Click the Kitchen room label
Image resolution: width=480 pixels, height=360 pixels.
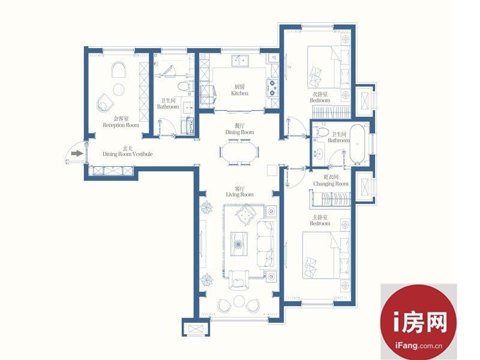(239, 94)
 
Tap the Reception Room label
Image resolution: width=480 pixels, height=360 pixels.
(121, 125)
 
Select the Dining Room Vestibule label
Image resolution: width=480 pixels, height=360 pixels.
(127, 154)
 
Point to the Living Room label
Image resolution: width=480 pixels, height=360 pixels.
(239, 194)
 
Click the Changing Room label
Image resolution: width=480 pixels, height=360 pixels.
(331, 184)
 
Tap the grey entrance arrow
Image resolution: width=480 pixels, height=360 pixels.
(77, 154)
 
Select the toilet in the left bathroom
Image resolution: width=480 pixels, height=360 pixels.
(184, 86)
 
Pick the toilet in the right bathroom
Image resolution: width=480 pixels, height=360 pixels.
(322, 132)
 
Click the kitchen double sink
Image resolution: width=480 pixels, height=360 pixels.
(240, 61)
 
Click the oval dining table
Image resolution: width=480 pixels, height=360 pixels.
(239, 152)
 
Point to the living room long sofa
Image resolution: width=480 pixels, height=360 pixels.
(265, 244)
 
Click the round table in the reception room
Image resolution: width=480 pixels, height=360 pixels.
(119, 89)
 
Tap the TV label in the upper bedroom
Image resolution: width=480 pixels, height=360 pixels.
(289, 67)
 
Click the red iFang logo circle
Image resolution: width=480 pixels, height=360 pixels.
(418, 322)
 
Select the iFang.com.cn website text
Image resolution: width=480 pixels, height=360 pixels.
(418, 346)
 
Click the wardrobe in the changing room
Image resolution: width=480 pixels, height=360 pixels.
(331, 199)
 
